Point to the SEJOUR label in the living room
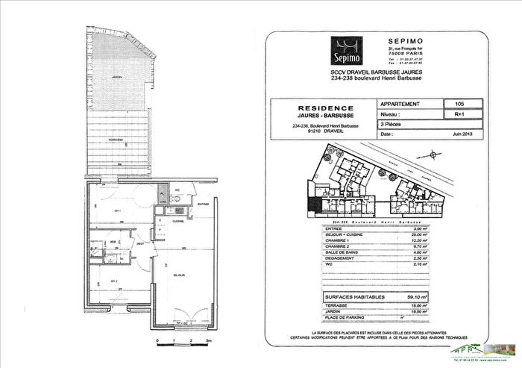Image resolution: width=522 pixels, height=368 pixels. coord(180,275)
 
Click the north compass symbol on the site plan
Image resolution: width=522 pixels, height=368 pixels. coord(435,156)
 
